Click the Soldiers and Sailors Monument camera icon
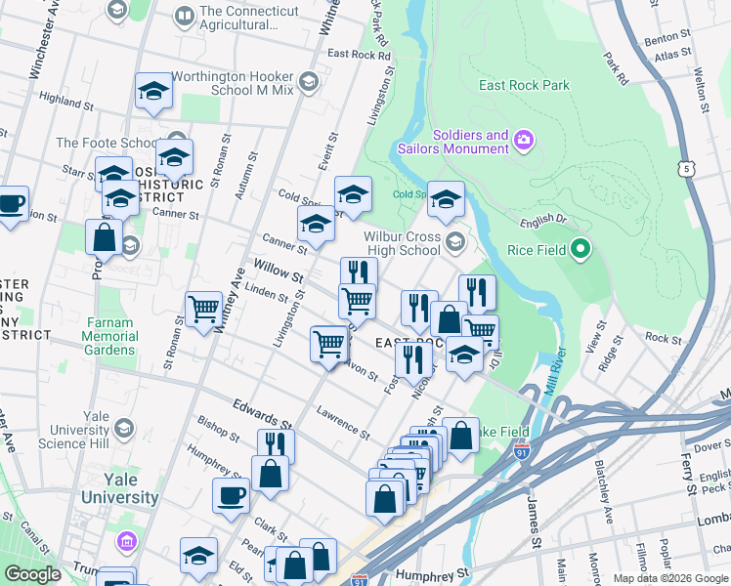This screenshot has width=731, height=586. click(x=524, y=142)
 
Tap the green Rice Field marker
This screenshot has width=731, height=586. click(x=580, y=249)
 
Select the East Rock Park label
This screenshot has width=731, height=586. click(x=524, y=85)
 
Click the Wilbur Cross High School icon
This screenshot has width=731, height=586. click(x=454, y=241)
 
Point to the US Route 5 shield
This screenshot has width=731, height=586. click(x=688, y=169)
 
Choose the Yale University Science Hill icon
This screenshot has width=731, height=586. click(x=124, y=429)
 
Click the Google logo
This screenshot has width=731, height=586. click(x=32, y=573)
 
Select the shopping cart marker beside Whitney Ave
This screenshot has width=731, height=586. click(x=204, y=310)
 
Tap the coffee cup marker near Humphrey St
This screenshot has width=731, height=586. click(x=232, y=493)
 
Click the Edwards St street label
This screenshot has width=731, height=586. click(x=262, y=414)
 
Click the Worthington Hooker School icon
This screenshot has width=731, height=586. click(x=310, y=80)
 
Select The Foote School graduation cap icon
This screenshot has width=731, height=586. click(x=177, y=141)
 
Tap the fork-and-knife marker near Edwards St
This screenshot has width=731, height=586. click(x=276, y=445)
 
